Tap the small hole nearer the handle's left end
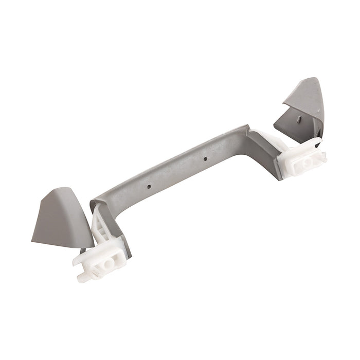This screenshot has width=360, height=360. (148, 183)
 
